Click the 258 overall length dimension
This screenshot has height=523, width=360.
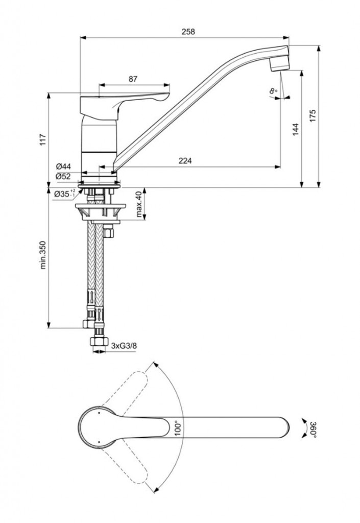click(188, 31)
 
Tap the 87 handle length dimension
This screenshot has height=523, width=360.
click(133, 79)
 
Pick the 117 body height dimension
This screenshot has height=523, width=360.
click(43, 139)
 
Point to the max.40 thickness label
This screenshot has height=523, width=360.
click(138, 204)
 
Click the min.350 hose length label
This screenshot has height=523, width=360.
click(43, 254)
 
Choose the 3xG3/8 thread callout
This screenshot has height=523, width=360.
click(124, 346)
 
